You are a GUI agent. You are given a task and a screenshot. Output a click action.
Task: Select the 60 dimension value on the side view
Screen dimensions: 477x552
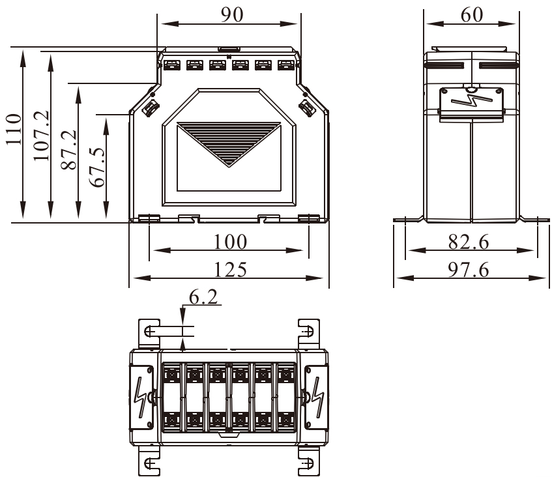click(x=471, y=14)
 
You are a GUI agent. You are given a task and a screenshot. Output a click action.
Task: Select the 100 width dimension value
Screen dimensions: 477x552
click(x=231, y=242)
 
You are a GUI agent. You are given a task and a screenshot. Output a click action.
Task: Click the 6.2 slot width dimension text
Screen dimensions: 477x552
click(x=204, y=297)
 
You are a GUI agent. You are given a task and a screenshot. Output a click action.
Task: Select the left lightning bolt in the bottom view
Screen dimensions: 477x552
click(x=140, y=393)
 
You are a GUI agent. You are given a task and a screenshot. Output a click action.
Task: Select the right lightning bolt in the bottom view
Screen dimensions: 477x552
click(x=317, y=393)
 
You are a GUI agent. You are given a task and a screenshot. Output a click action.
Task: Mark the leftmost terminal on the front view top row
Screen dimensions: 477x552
click(x=171, y=65)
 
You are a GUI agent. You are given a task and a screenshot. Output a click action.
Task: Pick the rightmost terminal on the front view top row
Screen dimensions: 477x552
click(x=285, y=65)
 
